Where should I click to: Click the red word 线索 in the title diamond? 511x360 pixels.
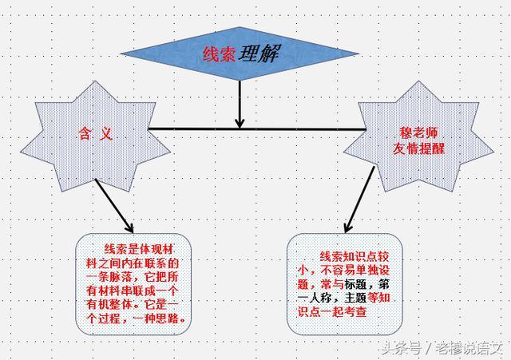pos(219,55)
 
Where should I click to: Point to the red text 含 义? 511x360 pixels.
pos(94,133)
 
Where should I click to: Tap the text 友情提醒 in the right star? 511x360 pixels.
pos(418,149)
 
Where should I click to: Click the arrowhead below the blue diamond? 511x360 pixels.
pos(240,122)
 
